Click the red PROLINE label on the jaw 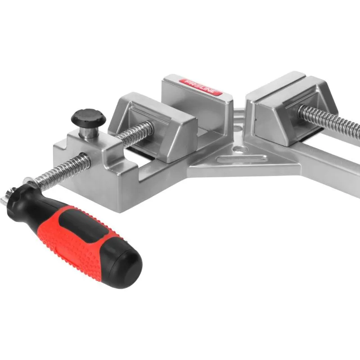point(200,87)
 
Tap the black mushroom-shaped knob point(88,117)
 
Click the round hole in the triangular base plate point(239,150)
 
